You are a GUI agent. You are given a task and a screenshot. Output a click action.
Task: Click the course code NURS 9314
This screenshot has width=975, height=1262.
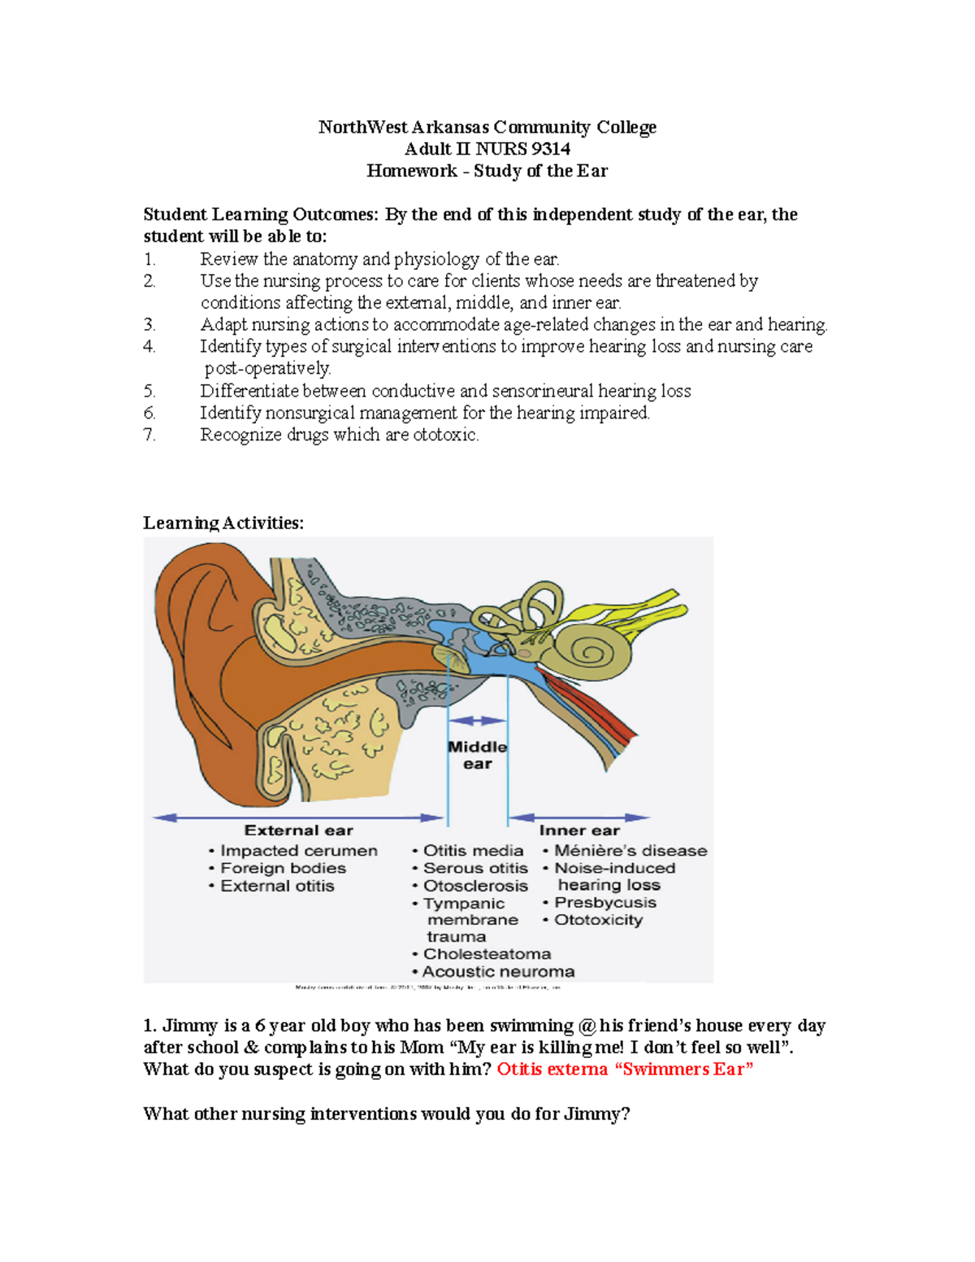(x=522, y=149)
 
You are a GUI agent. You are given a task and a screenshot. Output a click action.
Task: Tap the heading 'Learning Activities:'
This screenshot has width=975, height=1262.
(x=223, y=523)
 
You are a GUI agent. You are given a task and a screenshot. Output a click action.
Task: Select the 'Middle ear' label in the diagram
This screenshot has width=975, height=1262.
(x=478, y=755)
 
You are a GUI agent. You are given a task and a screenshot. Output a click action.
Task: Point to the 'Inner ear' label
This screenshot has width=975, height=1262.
(x=579, y=830)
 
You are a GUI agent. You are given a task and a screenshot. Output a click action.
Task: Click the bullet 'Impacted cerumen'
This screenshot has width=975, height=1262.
(x=298, y=851)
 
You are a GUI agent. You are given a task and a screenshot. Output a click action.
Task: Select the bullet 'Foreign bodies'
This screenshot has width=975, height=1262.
(x=283, y=868)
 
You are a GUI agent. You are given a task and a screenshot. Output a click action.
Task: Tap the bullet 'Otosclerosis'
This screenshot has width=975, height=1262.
(x=475, y=886)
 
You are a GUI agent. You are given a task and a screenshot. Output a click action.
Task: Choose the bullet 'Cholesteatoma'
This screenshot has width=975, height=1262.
(x=487, y=954)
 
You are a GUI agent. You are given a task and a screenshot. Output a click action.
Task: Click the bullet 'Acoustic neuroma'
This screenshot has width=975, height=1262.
(x=498, y=972)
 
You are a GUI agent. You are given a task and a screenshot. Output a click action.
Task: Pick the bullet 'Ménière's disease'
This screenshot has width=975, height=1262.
(x=630, y=851)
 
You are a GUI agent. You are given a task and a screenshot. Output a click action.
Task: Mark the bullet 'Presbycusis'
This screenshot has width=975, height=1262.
(x=604, y=903)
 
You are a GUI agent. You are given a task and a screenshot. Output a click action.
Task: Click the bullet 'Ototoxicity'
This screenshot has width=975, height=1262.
(x=598, y=920)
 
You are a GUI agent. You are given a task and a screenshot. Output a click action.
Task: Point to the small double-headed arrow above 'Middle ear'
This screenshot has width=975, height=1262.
(x=478, y=721)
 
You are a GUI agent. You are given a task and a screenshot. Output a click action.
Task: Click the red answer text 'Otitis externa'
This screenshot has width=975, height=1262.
(x=552, y=1069)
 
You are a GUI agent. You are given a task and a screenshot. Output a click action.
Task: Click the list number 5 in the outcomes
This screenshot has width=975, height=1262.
(x=149, y=391)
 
